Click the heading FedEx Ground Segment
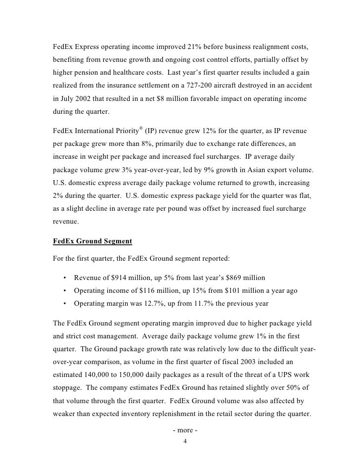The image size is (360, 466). click(92, 241)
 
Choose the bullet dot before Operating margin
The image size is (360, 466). click(65, 304)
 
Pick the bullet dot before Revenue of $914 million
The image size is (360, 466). click(65, 277)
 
